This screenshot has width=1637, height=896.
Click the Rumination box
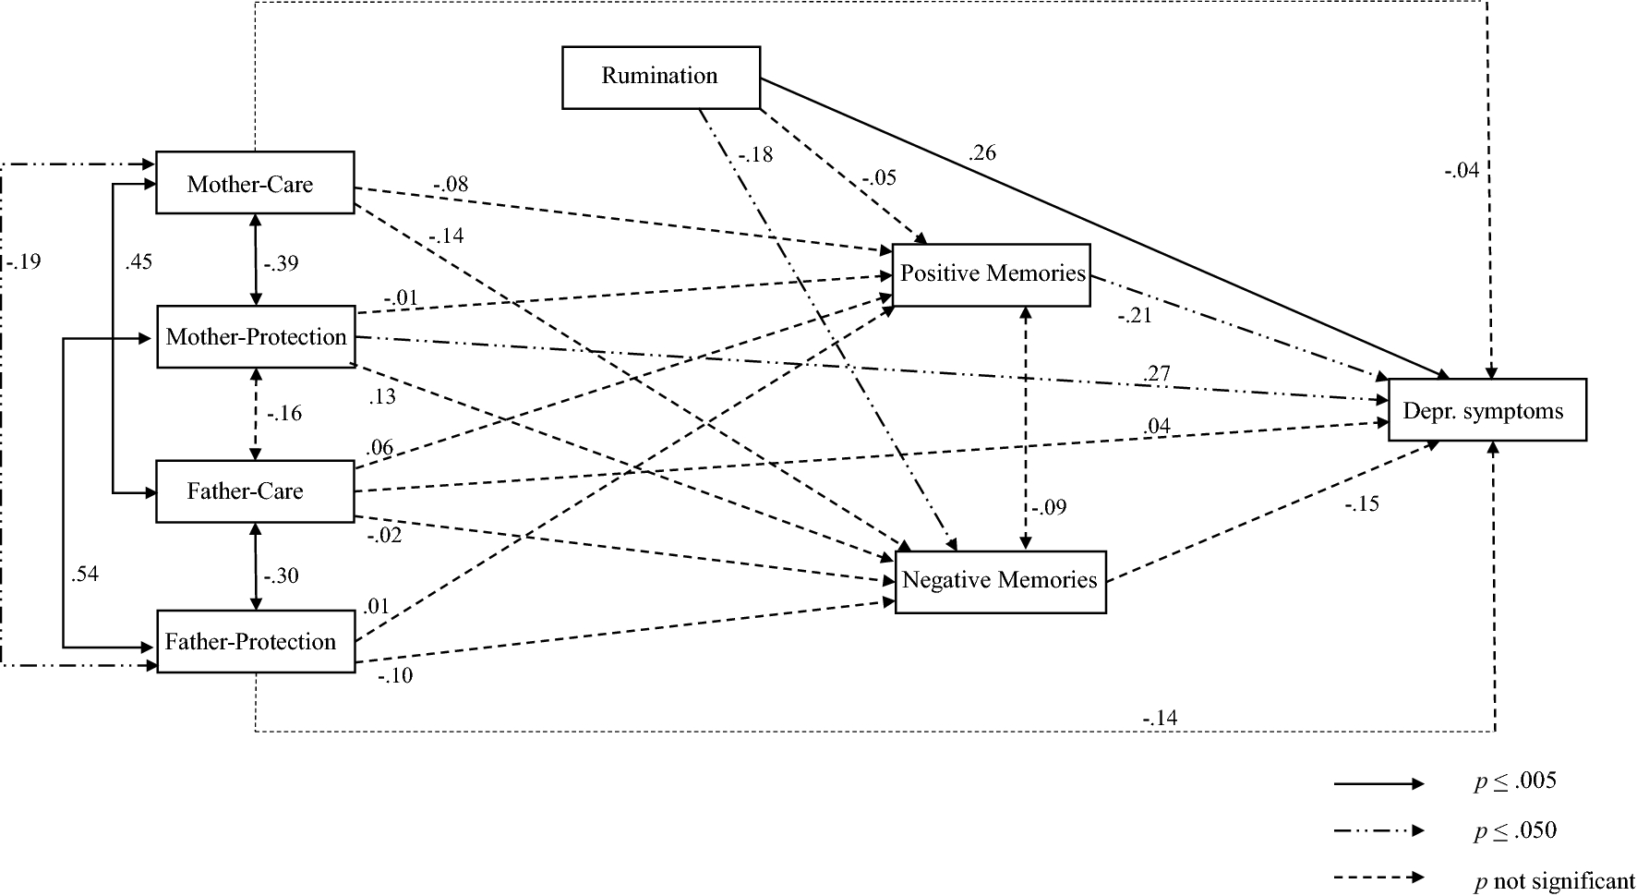pos(661,78)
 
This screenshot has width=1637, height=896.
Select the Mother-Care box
pos(254,184)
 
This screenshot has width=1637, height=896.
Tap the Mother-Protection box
pos(256,337)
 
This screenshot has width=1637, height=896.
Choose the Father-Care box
pos(254,491)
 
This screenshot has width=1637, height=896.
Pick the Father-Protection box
pos(256,642)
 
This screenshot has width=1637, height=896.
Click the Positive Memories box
pos(992,274)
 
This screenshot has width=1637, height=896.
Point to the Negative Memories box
pos(1000,581)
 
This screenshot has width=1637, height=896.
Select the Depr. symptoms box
pos(1487,410)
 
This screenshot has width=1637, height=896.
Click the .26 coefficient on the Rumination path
pos(982,153)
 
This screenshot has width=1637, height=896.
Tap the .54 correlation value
pos(84,575)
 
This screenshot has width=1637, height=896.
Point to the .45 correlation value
pos(138,262)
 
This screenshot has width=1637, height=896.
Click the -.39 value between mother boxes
pos(281,264)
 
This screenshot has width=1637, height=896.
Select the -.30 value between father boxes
pos(281,576)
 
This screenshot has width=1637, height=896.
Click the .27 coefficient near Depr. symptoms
pos(1157,374)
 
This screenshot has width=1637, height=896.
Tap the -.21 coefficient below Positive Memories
pos(1135,316)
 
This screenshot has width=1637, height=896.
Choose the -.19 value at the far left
pos(23,262)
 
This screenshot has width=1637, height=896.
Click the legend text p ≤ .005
pos(1514,781)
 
